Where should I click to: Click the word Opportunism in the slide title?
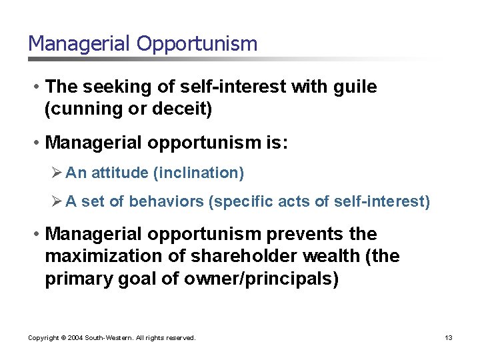[197, 44]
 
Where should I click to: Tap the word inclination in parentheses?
[199, 173]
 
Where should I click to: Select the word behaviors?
[166, 201]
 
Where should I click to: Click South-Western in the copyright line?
[105, 338]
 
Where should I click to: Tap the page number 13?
[449, 338]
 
